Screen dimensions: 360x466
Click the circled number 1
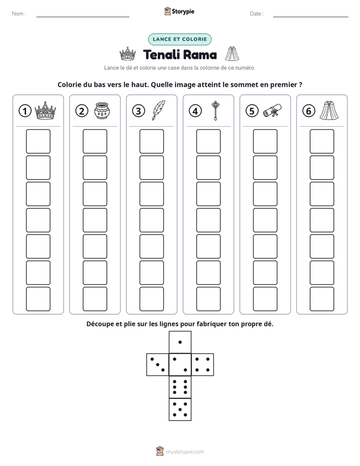25,111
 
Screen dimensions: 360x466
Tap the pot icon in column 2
102,111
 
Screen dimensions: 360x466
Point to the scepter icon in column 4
215,110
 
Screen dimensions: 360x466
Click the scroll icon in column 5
272,110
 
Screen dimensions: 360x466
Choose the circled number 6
309,111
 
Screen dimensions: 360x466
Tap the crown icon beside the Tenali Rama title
128,54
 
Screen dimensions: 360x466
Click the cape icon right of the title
232,54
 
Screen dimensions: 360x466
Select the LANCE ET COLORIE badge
179,39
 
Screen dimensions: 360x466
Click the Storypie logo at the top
179,11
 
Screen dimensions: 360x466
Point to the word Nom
18,14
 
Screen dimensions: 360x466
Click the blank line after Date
311,17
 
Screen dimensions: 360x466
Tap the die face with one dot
180,342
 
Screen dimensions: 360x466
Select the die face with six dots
180,387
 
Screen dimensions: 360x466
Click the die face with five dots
180,410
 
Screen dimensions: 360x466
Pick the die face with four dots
203,365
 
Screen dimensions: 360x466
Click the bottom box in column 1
38,299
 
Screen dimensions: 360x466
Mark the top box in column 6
322,141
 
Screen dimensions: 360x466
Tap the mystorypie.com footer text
185,452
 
